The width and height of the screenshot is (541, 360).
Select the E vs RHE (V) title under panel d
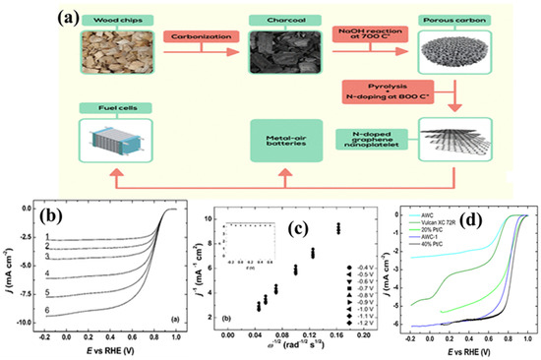tap(463, 348)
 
